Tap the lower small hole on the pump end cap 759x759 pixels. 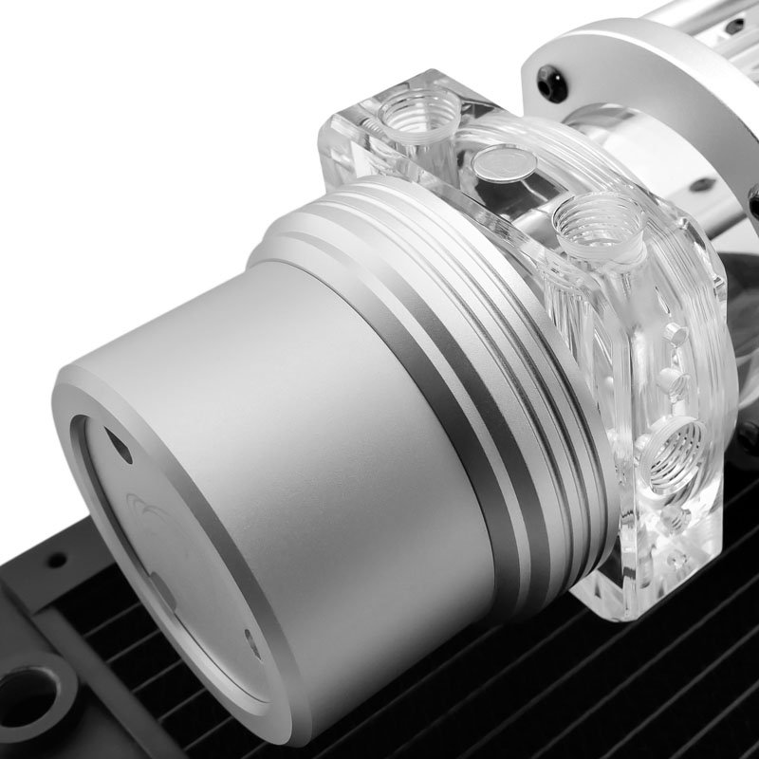click(249, 639)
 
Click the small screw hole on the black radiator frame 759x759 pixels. click(58, 561)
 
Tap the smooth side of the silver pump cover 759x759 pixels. click(313, 398)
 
